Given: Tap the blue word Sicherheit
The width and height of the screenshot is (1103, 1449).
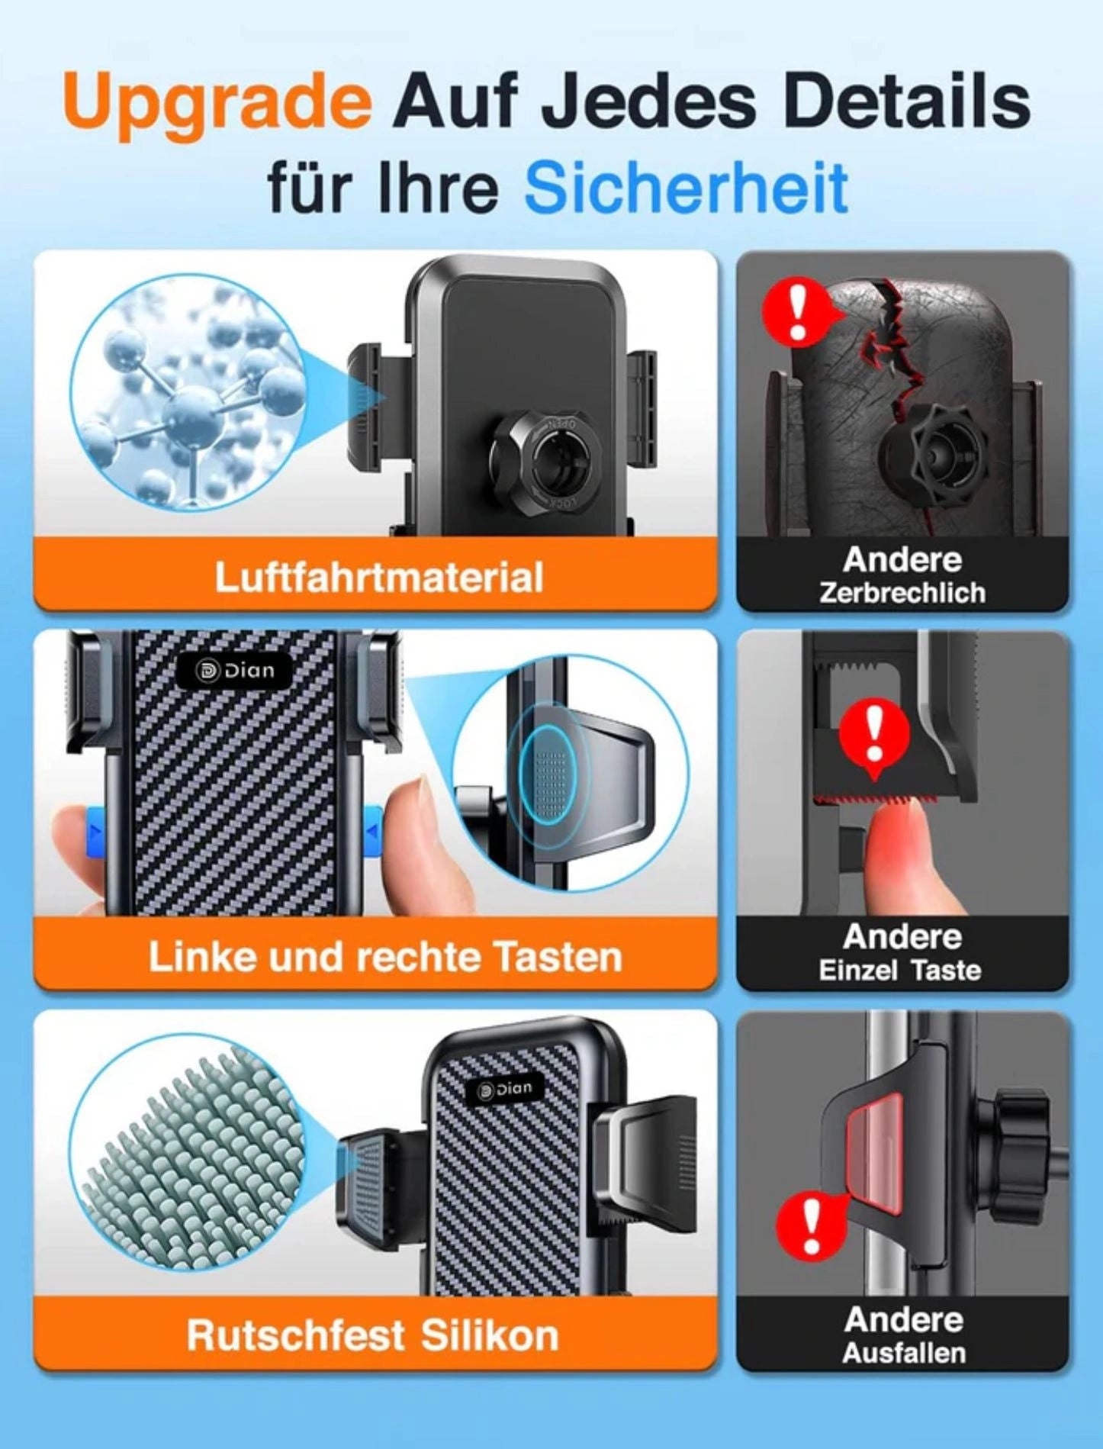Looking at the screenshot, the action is click(x=687, y=187).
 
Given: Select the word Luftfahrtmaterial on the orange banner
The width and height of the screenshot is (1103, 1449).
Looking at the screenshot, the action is click(x=378, y=577).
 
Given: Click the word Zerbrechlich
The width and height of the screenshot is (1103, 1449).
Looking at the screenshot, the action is click(x=902, y=593).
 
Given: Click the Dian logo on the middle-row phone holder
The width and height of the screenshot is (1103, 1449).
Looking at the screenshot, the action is click(x=235, y=671).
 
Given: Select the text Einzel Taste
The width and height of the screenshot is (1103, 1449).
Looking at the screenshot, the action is click(x=900, y=971).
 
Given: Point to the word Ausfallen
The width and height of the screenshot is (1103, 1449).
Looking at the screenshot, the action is click(x=904, y=1353).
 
